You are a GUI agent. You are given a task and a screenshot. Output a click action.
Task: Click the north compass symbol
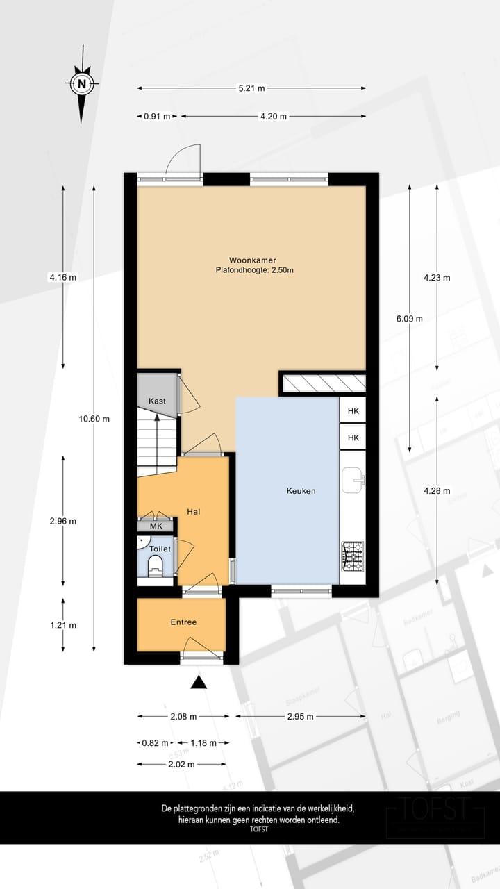click(x=82, y=85)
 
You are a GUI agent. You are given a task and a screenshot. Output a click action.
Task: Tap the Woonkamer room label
click(x=251, y=260)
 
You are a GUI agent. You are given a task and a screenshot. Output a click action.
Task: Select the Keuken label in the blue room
click(x=301, y=491)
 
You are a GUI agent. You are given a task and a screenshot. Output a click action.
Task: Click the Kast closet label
click(x=157, y=401)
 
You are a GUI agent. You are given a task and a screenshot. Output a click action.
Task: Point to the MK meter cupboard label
click(x=156, y=526)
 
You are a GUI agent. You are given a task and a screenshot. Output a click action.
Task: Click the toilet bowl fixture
click(x=156, y=563)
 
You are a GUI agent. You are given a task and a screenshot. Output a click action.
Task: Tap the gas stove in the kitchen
click(x=353, y=556)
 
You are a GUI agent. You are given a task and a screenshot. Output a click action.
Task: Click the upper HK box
click(x=353, y=411)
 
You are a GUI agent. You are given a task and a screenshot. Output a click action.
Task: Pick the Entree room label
click(x=183, y=622)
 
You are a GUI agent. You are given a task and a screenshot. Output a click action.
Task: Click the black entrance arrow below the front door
click(x=199, y=682)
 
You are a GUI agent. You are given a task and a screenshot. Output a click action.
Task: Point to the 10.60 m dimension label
click(x=94, y=419)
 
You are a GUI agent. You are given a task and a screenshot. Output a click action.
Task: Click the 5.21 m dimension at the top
click(x=251, y=88)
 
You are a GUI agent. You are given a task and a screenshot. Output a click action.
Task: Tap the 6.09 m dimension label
click(x=409, y=319)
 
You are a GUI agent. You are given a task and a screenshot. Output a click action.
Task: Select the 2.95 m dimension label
click(x=300, y=716)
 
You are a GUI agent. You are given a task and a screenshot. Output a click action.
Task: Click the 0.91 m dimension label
click(x=157, y=117)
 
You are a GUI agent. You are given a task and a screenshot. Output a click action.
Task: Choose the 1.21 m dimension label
click(x=63, y=625)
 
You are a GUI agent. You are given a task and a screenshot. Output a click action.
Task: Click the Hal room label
click(x=194, y=512)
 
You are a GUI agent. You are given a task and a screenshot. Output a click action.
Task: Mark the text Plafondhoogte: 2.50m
click(x=250, y=271)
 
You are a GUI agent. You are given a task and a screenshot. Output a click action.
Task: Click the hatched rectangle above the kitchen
click(x=323, y=383)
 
